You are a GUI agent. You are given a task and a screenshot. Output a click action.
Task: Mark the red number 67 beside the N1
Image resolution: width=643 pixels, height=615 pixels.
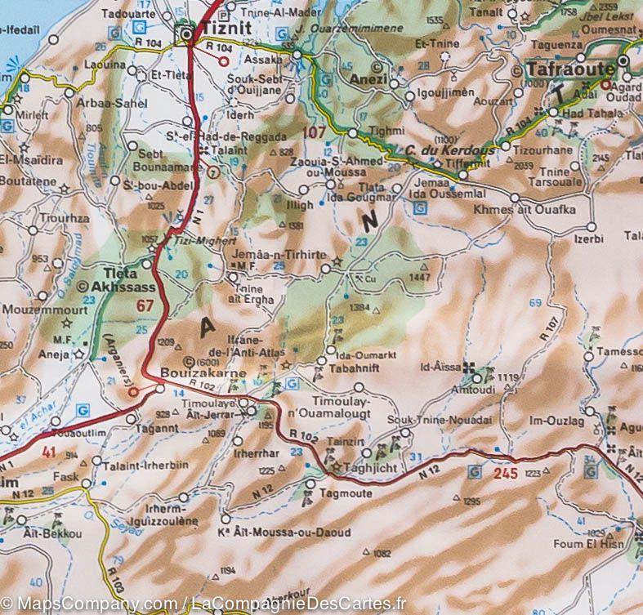pos(145,305)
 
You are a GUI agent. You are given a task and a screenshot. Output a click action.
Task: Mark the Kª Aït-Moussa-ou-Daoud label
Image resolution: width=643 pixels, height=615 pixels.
pos(286,533)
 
